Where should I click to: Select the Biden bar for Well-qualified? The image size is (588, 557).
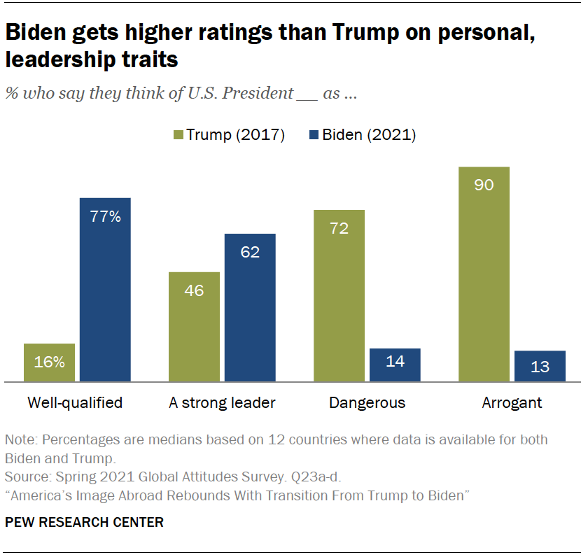click(105, 290)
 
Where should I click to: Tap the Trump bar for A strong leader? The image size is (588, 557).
click(194, 327)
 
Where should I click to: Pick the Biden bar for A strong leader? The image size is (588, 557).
click(250, 308)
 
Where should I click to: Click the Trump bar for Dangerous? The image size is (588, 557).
click(339, 295)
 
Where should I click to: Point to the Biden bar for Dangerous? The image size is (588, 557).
click(395, 365)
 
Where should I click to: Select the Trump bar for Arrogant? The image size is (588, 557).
click(484, 274)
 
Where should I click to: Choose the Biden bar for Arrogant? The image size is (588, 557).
click(540, 366)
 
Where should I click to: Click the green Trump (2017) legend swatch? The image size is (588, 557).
click(177, 135)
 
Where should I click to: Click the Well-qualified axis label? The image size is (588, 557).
click(75, 403)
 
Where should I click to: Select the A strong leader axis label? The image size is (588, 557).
click(222, 403)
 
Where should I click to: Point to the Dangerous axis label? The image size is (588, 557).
click(367, 403)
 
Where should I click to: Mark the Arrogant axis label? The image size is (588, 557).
click(512, 403)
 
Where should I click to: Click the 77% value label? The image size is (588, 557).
click(105, 217)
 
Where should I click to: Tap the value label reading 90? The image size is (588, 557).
click(484, 185)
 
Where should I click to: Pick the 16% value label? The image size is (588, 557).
click(49, 362)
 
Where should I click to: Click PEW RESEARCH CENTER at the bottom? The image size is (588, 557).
click(85, 522)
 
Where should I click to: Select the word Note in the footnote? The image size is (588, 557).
click(19, 440)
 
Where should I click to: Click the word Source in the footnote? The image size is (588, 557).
click(24, 478)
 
